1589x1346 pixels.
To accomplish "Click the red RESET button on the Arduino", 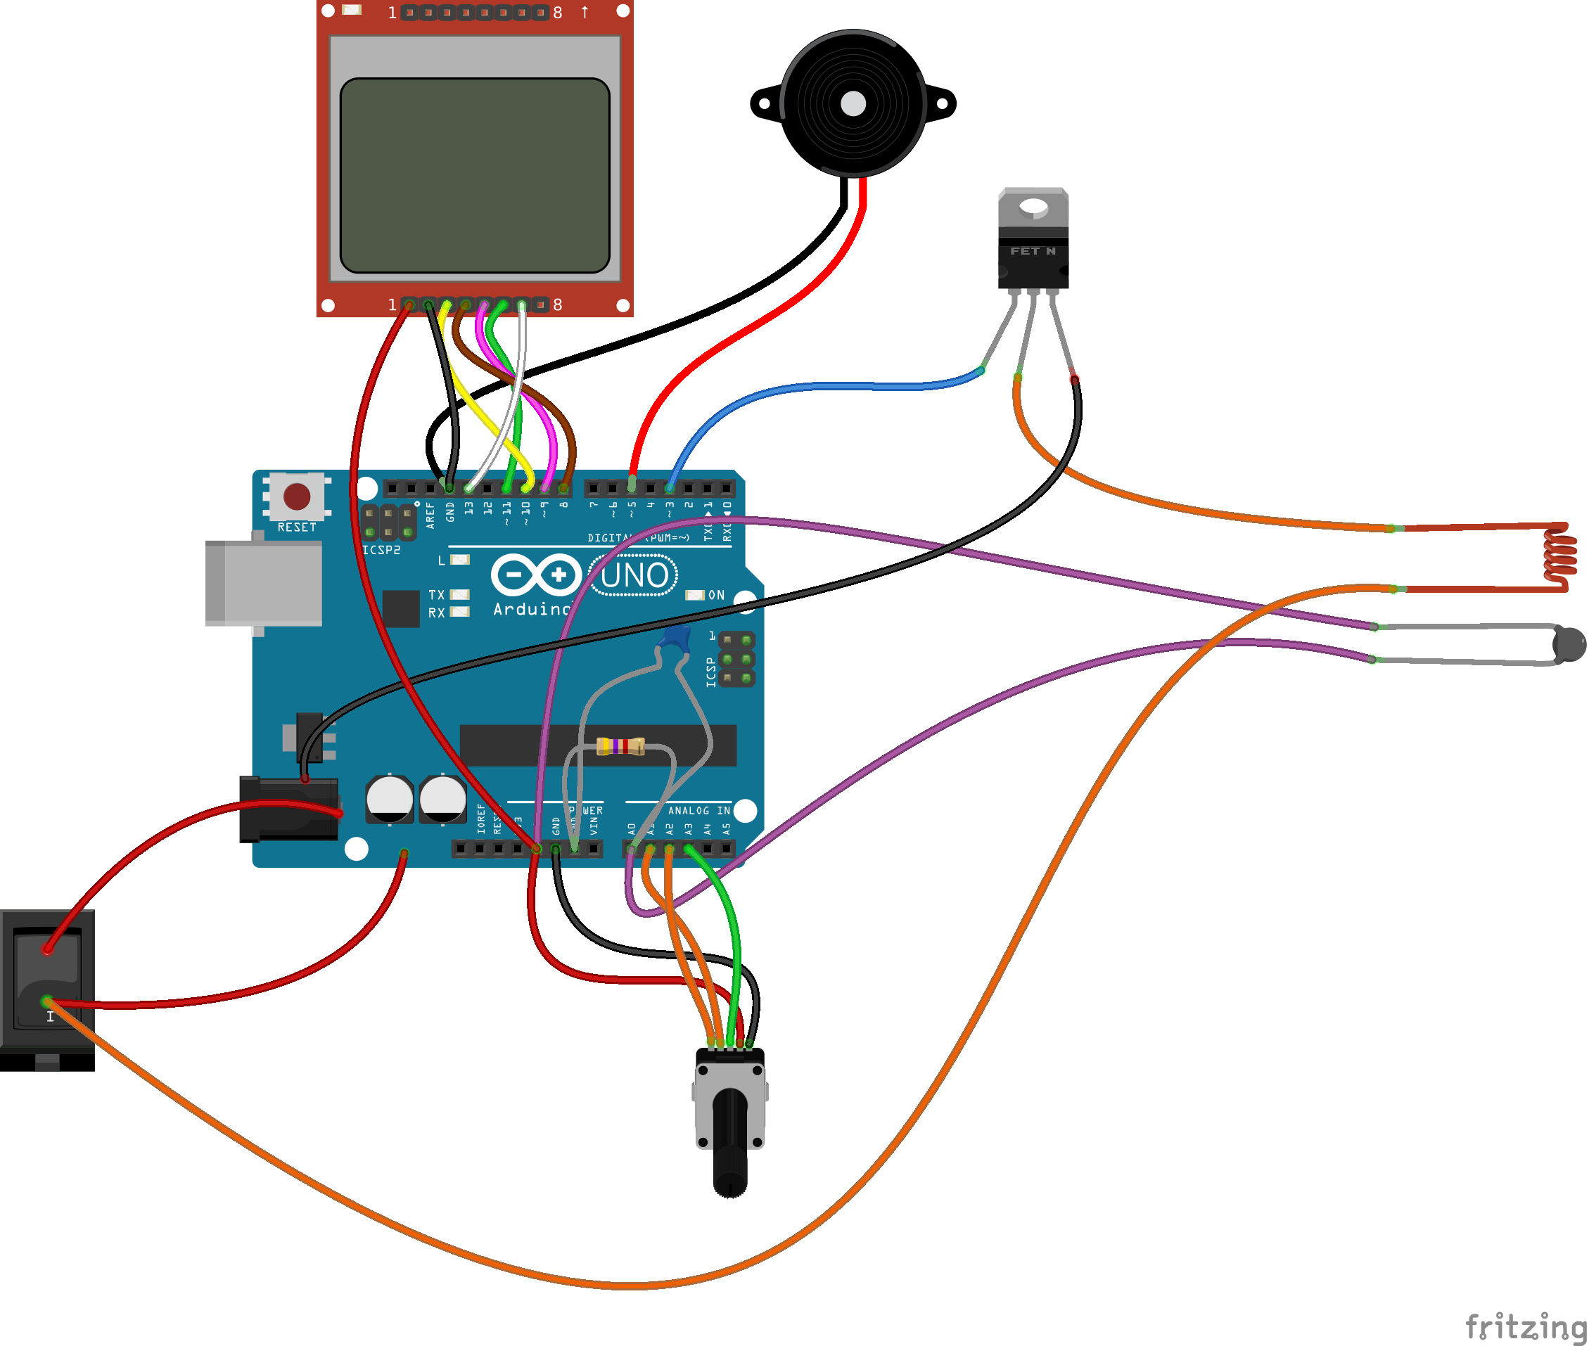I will pyautogui.click(x=296, y=496).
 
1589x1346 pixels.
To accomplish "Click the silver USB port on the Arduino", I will pyautogui.click(x=264, y=583).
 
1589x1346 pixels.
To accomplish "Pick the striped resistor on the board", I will pyautogui.click(x=620, y=745).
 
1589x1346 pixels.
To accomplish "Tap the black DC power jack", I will pyautogui.click(x=288, y=809).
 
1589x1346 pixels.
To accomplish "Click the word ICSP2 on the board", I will pyautogui.click(x=381, y=550).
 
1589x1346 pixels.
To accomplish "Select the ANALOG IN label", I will pyautogui.click(x=698, y=810).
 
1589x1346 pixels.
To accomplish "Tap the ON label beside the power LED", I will pyautogui.click(x=716, y=595).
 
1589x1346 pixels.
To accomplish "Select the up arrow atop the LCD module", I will pyautogui.click(x=585, y=12).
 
